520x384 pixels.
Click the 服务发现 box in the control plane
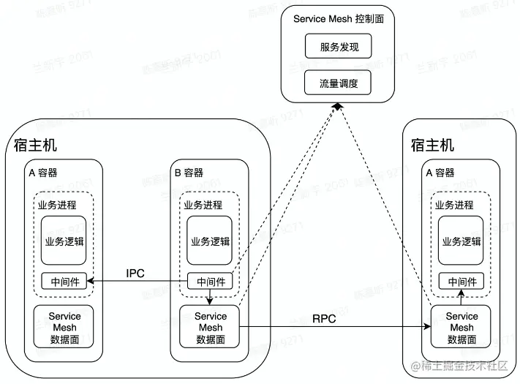[x=338, y=48]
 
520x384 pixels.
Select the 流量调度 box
[x=338, y=82]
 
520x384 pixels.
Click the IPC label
[x=135, y=274]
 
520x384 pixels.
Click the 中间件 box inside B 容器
[x=210, y=281]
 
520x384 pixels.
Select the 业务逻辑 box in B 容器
[x=210, y=241]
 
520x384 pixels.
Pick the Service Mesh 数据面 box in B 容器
[x=210, y=327]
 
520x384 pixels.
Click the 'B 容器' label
[x=189, y=173]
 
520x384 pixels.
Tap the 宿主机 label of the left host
[x=36, y=144]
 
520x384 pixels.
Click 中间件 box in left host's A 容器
[x=64, y=281]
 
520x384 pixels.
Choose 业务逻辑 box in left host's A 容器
[x=64, y=241]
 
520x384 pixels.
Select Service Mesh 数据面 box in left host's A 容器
[x=64, y=327]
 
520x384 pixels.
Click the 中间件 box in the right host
[x=461, y=281]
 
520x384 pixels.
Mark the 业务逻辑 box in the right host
[x=461, y=241]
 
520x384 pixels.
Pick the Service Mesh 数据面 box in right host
[x=461, y=327]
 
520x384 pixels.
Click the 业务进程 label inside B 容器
[x=203, y=205]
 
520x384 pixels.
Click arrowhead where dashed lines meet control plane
[x=336, y=107]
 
